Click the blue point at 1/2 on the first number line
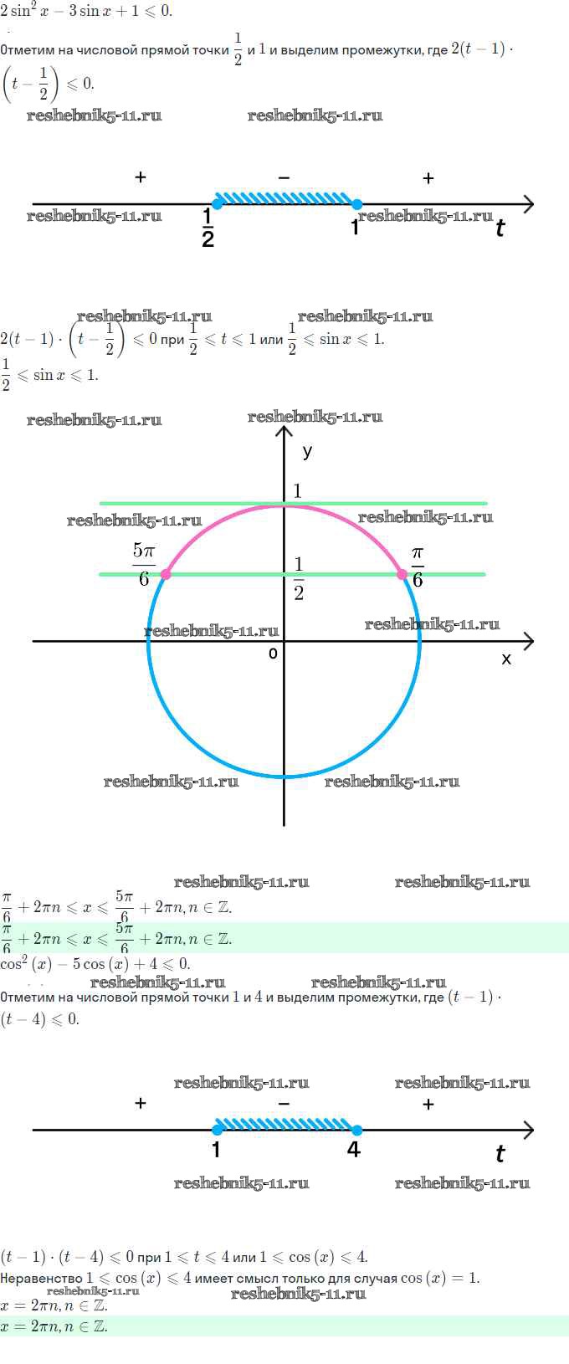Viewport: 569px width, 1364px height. [218, 203]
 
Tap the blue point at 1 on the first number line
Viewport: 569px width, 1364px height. [356, 203]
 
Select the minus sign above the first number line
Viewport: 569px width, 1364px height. [284, 177]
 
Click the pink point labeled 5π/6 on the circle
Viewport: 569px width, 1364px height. [166, 574]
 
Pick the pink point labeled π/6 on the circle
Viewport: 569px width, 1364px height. [402, 574]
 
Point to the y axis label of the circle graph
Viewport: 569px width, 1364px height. [307, 452]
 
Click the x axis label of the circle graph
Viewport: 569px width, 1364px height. [506, 659]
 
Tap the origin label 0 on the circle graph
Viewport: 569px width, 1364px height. [273, 654]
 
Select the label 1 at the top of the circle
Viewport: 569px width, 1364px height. [297, 491]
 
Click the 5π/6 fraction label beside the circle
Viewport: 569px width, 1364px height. [144, 565]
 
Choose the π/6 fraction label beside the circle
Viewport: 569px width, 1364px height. [418, 567]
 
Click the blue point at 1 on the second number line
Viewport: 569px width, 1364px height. [218, 1130]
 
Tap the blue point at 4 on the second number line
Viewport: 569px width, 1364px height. [356, 1130]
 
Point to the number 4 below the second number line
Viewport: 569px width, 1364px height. [354, 1151]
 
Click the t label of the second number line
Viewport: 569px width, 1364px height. [500, 1154]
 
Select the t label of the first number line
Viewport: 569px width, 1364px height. [500, 228]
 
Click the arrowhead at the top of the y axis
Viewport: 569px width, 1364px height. [284, 432]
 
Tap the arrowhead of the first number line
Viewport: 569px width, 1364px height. [528, 203]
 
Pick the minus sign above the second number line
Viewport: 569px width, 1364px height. [284, 1104]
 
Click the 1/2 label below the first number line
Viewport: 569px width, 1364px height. [208, 228]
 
